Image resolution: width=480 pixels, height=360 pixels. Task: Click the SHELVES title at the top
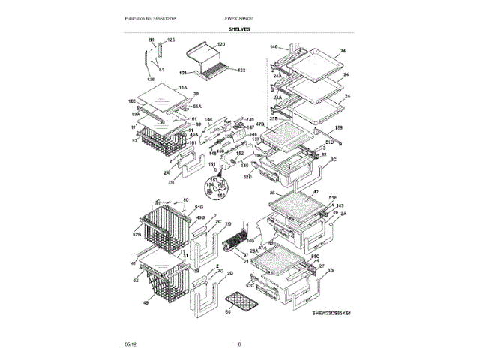coord(240,29)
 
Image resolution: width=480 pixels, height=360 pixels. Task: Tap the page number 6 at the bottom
coord(239,343)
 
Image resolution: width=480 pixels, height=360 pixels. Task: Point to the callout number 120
coord(221,45)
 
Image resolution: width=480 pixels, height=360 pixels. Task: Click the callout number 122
coord(242,70)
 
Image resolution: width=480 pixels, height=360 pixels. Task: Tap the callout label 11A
coord(182,88)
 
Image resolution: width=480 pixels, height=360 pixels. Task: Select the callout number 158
coord(339,129)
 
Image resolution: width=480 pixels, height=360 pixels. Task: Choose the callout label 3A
coord(343,214)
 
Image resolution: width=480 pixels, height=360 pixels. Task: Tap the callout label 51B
coord(199,206)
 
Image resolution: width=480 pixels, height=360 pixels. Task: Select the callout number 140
coord(274,46)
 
